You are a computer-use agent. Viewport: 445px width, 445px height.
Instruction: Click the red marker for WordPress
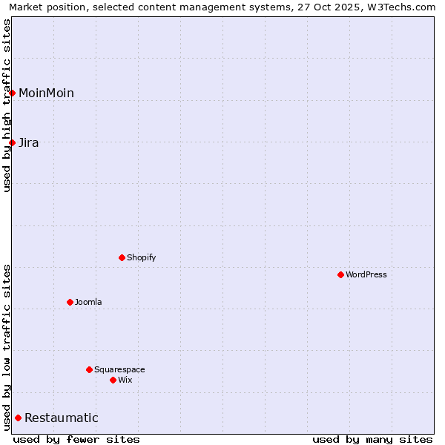tap(340, 274)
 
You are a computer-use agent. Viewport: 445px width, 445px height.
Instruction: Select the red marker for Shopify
tap(122, 257)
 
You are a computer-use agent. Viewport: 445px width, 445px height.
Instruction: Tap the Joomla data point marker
tap(70, 302)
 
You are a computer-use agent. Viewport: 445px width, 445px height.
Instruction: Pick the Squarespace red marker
tap(89, 369)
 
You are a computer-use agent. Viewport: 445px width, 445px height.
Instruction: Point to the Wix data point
tap(113, 380)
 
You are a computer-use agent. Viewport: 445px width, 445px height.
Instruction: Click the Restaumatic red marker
tap(18, 418)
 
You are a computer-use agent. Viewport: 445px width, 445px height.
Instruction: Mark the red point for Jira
tap(12, 142)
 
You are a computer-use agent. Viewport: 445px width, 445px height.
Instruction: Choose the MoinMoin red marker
tap(12, 93)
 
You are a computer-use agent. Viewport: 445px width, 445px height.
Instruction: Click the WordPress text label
tap(366, 274)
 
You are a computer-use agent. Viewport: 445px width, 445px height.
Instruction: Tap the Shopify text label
tap(142, 257)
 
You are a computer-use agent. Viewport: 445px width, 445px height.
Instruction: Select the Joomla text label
tap(88, 302)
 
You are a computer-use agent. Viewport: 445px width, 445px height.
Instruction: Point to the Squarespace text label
tap(119, 369)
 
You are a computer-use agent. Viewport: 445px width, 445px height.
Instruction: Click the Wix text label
tap(125, 380)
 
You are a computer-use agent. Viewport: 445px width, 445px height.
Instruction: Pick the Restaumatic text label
tap(62, 418)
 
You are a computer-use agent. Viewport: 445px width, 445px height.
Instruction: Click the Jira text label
tap(29, 142)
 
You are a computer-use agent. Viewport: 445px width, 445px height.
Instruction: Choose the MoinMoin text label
tap(46, 93)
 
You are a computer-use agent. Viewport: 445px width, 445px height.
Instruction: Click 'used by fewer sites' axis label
tap(76, 439)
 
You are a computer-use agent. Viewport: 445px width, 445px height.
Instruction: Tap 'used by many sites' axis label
tap(372, 439)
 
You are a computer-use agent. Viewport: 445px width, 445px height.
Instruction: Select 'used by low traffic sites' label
tap(7, 347)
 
